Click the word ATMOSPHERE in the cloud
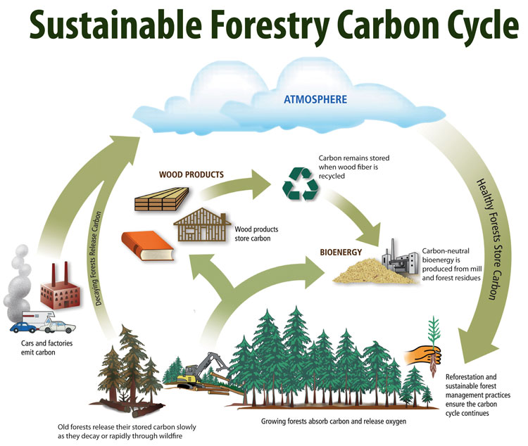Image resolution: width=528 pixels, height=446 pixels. coord(315,99)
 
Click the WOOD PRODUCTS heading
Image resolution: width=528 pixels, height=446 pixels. coord(191,174)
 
